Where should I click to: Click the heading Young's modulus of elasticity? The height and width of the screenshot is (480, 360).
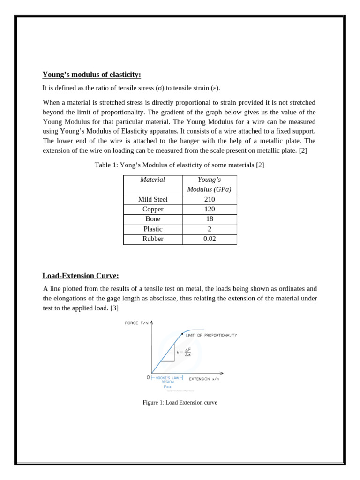pos(91,75)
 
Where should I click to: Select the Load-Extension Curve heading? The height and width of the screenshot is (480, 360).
pos(81,276)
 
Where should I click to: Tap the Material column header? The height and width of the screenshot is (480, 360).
pos(153,180)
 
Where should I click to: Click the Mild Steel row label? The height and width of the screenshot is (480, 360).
pos(153,199)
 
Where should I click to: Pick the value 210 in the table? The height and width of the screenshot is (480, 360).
pos(210,199)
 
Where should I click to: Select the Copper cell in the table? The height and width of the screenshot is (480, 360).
pos(153,209)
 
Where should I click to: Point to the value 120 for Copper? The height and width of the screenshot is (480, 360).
pos(210,209)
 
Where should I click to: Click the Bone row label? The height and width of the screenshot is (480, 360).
pos(153,219)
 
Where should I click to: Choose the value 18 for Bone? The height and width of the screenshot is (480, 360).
pos(210,219)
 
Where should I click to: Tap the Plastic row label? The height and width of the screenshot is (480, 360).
pos(153,229)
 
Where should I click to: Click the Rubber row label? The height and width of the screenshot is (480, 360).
pos(153,239)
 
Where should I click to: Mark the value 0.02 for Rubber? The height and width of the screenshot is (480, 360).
pos(210,239)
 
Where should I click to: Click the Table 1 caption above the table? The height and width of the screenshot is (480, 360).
pos(180,165)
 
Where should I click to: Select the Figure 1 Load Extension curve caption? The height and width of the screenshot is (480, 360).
pos(180,402)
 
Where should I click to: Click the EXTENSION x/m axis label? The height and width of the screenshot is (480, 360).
pos(204,379)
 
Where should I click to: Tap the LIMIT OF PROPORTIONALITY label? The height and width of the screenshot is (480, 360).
pos(211,335)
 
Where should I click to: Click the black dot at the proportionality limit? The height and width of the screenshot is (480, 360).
pos(182,334)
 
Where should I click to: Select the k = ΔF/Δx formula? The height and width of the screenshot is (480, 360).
pos(184,352)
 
